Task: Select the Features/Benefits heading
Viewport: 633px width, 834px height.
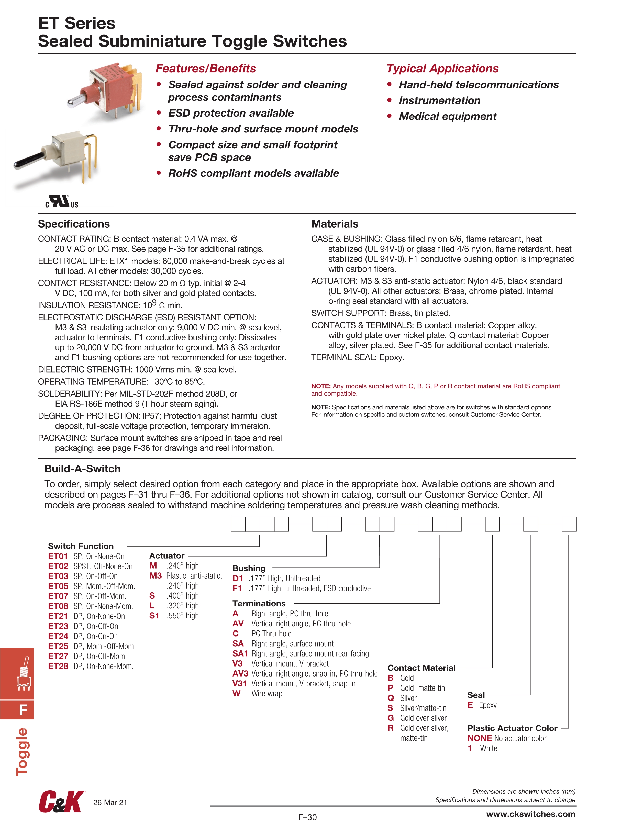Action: pyautogui.click(x=206, y=69)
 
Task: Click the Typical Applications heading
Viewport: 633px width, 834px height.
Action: pyautogui.click(x=442, y=69)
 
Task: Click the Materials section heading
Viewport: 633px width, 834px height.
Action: pyautogui.click(x=335, y=224)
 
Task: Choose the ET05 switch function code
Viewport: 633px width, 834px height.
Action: pyautogui.click(x=58, y=586)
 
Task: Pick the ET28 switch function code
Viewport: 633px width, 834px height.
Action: pyautogui.click(x=58, y=666)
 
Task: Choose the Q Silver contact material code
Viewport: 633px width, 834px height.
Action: pyautogui.click(x=391, y=698)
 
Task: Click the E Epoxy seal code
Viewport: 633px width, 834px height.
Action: pyautogui.click(x=470, y=705)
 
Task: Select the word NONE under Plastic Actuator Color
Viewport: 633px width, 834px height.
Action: pyautogui.click(x=480, y=738)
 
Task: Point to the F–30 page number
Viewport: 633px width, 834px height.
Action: pyautogui.click(x=307, y=817)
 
